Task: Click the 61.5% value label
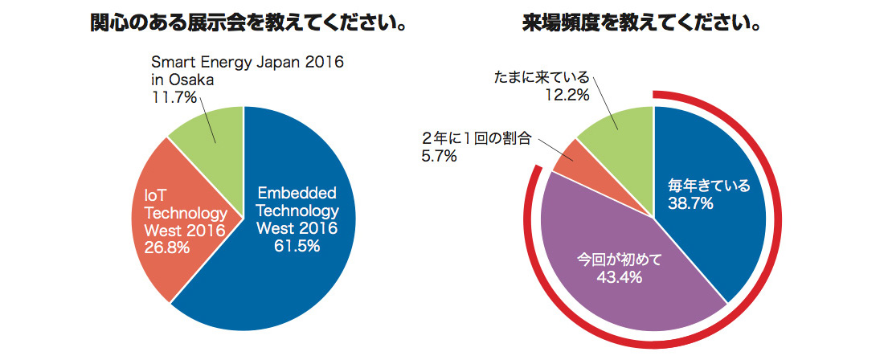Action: pyautogui.click(x=296, y=246)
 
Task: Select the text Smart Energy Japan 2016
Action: pyautogui.click(x=248, y=63)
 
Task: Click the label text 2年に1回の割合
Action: pyautogui.click(x=477, y=138)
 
